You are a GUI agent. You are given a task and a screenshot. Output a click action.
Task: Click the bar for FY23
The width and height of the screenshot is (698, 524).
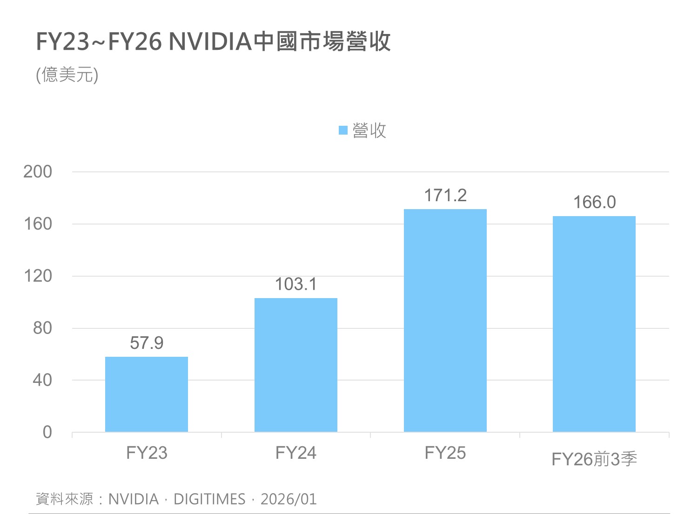click(x=147, y=394)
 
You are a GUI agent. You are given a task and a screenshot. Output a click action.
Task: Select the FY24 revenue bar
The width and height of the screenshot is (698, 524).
click(x=296, y=365)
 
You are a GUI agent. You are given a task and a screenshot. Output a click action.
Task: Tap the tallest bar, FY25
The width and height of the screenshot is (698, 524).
click(x=445, y=320)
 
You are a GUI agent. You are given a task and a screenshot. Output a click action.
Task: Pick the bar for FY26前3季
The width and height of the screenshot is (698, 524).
click(x=594, y=324)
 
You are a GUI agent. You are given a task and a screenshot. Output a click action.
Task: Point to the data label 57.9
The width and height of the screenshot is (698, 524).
click(x=147, y=343)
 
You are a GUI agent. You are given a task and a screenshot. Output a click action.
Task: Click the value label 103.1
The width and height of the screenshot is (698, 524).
click(x=296, y=284)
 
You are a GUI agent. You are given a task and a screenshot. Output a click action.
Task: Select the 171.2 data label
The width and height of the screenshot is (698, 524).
click(x=445, y=196)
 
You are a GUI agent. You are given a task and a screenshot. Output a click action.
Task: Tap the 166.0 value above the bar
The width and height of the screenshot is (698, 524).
click(x=594, y=203)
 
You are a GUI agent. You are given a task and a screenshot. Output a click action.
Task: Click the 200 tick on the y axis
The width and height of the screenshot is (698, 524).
click(x=38, y=172)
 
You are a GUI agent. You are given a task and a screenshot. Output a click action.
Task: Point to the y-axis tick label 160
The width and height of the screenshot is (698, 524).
click(x=38, y=224)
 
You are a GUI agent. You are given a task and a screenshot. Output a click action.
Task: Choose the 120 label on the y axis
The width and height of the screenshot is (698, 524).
click(x=38, y=276)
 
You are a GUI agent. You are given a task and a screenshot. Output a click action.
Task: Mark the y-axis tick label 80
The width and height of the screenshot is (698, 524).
click(x=42, y=328)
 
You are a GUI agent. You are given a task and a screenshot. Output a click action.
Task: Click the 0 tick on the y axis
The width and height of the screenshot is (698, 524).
click(x=47, y=432)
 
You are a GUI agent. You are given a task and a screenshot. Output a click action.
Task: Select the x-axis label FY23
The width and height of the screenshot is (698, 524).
click(x=147, y=453)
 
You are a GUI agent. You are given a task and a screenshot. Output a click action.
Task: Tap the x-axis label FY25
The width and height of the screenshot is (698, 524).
click(x=445, y=453)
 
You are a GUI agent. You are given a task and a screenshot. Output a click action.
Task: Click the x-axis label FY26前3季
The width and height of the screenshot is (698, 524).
click(x=594, y=459)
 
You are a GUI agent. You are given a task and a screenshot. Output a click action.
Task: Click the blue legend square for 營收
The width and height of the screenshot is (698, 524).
click(x=343, y=130)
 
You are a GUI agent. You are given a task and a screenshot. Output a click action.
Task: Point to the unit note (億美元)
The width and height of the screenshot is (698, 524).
click(x=67, y=75)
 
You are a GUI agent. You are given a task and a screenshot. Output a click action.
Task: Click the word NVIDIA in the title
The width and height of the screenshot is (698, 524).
click(x=210, y=42)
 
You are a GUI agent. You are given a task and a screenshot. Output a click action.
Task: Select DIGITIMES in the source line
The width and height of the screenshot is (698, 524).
click(x=209, y=499)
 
